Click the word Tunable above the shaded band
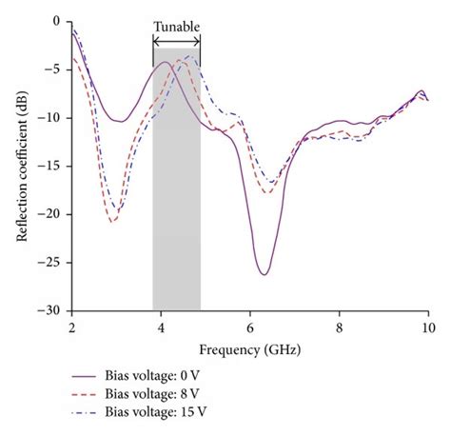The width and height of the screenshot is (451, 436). point(177,27)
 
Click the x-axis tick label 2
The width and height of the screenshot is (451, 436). point(71,327)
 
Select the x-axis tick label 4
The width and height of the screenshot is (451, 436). point(161,327)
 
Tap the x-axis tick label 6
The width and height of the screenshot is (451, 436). point(250,327)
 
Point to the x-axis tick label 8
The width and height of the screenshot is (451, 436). point(340,327)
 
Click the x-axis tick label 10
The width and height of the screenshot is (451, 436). point(428,327)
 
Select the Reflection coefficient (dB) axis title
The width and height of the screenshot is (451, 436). point(21,166)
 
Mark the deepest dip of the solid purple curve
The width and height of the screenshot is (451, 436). point(264,274)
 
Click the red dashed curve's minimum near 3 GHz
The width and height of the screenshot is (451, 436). point(112,222)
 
